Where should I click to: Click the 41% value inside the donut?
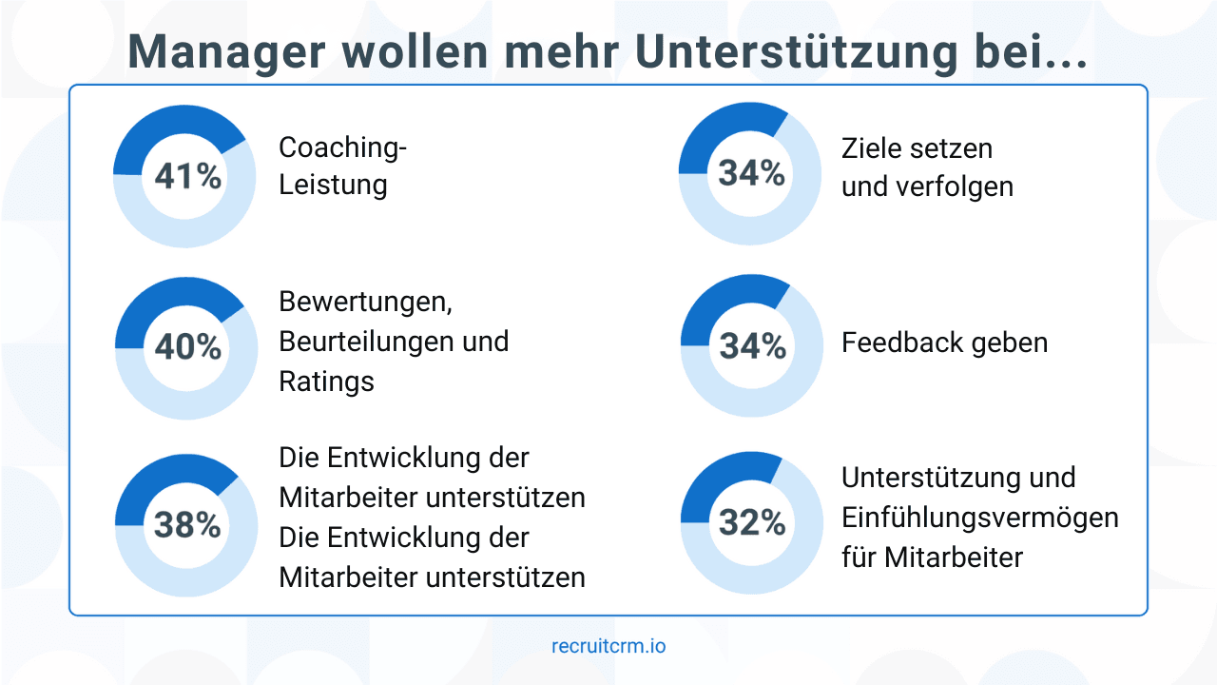pyautogui.click(x=186, y=176)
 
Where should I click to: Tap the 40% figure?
pyautogui.click(x=187, y=347)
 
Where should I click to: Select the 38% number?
pyautogui.click(x=186, y=524)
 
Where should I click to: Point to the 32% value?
pyautogui.click(x=752, y=522)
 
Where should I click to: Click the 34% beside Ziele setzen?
pyautogui.click(x=751, y=173)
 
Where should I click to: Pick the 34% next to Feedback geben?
pyautogui.click(x=752, y=346)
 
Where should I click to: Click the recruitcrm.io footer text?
pyautogui.click(x=608, y=646)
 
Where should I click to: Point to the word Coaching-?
pyautogui.click(x=342, y=147)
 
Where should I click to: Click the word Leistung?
pyautogui.click(x=333, y=184)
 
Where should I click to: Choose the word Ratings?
pyautogui.click(x=326, y=382)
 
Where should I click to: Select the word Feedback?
pyautogui.click(x=902, y=342)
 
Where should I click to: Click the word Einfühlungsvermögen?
pyautogui.click(x=979, y=518)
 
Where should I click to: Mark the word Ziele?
pyautogui.click(x=873, y=148)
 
